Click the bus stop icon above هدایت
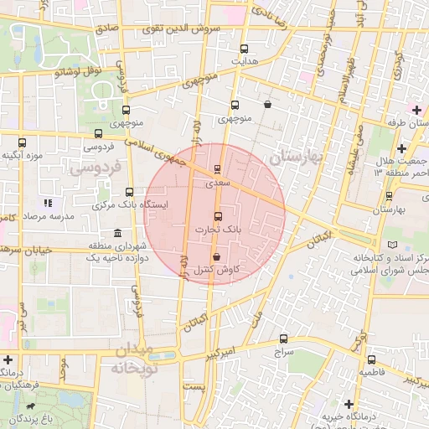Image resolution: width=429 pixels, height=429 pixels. click(244, 49)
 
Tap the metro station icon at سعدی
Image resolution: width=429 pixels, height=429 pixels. click(218, 168)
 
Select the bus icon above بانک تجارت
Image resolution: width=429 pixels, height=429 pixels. click(218, 216)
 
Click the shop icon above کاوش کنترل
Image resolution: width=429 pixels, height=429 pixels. click(217, 257)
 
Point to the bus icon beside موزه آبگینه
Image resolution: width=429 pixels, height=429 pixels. click(22, 142)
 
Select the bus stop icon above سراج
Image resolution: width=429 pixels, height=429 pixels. click(283, 339)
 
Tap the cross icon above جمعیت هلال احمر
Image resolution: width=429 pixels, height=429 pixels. click(401, 147)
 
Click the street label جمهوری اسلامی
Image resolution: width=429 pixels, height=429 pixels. click(159, 152)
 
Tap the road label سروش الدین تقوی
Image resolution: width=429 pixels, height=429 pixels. click(185, 27)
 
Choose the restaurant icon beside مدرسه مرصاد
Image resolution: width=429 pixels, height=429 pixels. click(48, 203)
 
